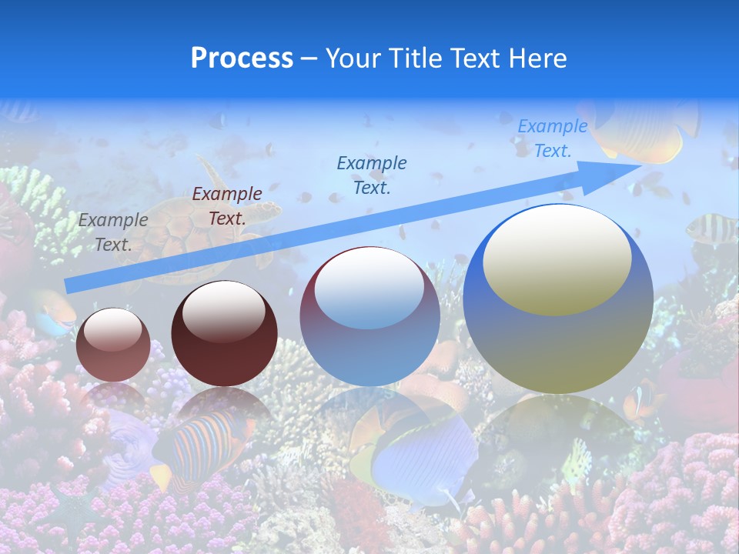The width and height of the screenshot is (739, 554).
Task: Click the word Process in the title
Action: click(242, 58)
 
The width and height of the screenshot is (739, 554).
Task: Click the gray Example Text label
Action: click(112, 232)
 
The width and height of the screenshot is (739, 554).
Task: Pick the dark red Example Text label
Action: click(227, 206)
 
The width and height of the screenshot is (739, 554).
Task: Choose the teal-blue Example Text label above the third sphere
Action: click(372, 175)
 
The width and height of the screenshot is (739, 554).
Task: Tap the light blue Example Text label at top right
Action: click(553, 138)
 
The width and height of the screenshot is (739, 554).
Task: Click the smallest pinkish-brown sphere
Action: click(114, 345)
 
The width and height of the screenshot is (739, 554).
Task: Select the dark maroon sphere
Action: click(224, 334)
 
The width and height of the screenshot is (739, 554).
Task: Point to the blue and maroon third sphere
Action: click(369, 316)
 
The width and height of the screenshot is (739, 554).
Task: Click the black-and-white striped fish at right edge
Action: click(710, 228)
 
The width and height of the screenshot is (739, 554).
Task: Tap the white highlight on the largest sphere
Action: click(557, 258)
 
